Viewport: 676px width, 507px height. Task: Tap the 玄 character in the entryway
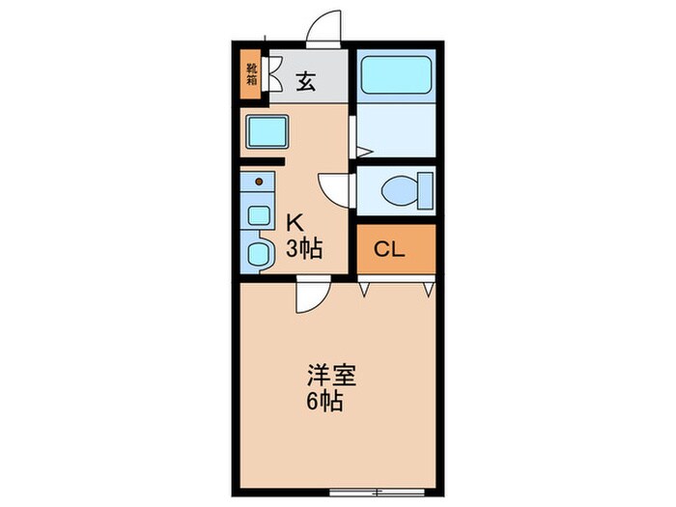pos(305,81)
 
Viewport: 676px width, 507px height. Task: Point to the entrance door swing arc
pos(326,27)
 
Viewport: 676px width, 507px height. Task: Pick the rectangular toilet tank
pos(424,191)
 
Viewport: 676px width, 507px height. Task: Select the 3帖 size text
pos(302,252)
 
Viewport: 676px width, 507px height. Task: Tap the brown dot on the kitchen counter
pos(259,181)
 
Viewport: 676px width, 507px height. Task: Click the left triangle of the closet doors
pos(364,287)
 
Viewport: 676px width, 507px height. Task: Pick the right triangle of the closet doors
pos(426,287)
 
